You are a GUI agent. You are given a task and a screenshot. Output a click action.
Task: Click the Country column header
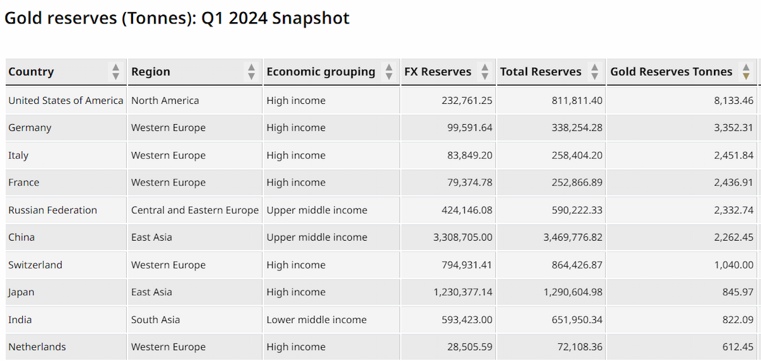point(31,72)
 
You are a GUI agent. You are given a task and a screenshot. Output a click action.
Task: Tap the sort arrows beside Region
point(251,72)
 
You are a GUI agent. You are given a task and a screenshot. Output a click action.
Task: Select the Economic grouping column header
point(321,72)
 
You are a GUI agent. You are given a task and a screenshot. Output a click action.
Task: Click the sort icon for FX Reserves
point(485,72)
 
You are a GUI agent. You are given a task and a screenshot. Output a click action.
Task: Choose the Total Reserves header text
point(540,72)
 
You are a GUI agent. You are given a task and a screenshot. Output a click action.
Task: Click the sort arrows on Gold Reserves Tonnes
point(746,72)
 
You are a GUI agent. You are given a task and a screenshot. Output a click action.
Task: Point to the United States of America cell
point(66,101)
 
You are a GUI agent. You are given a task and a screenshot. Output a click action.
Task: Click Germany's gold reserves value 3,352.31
point(734,127)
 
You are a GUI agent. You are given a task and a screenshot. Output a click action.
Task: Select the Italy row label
point(18,155)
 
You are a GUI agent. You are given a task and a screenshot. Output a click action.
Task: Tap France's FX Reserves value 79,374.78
point(469,182)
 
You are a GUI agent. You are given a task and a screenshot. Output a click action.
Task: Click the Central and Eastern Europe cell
point(195,210)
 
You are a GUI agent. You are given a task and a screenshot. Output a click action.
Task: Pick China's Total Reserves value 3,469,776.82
point(573,237)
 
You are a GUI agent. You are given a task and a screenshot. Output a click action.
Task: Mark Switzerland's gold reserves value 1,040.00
point(734,265)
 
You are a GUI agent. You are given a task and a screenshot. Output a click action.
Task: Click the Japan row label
point(22,292)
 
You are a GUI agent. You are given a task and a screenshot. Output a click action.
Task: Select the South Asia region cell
point(155,320)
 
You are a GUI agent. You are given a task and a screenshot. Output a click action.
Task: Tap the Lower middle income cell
point(316,320)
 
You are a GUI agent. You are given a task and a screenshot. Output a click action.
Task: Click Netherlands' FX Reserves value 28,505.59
point(469,347)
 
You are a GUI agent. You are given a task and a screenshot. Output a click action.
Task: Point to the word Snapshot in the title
point(311,18)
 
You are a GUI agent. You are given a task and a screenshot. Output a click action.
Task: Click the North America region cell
point(165,101)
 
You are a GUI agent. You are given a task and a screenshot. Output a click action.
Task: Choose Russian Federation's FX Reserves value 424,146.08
point(467,210)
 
